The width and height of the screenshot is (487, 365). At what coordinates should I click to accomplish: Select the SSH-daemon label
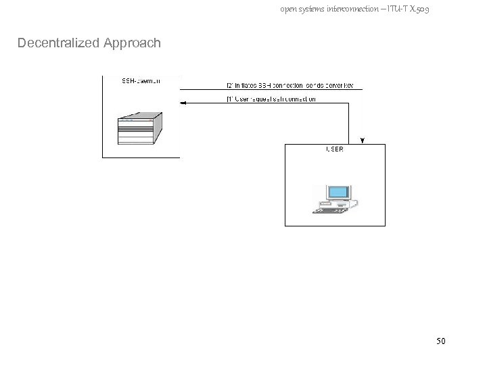pos(141,81)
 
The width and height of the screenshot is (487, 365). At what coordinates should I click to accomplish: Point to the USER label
pos(334,149)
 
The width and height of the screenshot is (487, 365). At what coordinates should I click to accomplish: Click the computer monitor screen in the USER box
pos(336,192)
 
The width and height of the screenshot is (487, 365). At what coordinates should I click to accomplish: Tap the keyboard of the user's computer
pos(331,210)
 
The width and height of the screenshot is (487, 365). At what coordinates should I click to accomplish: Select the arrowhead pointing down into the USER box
pos(363,141)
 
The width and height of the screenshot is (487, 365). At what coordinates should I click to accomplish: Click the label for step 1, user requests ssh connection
pos(271,99)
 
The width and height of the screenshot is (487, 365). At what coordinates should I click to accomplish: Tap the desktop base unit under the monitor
pos(336,203)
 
